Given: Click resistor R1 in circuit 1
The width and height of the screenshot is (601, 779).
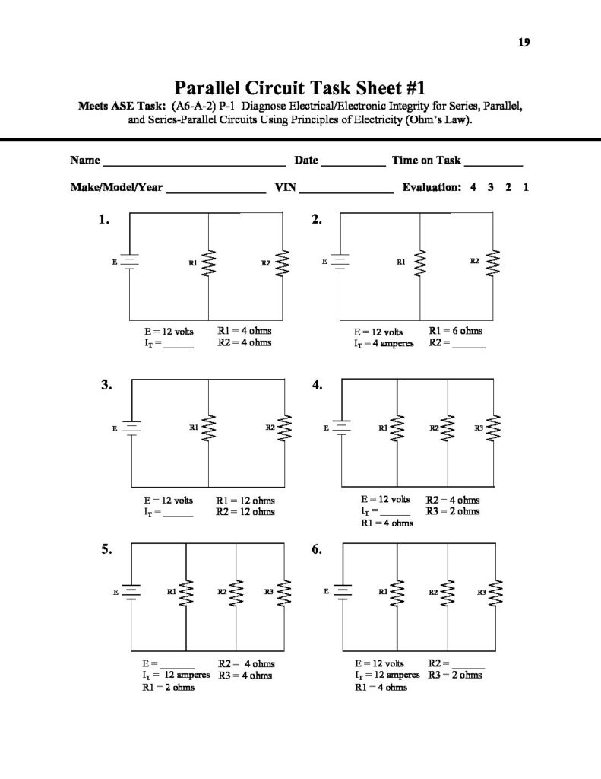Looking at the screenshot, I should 208,264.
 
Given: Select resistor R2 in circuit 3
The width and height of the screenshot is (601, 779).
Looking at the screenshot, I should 286,428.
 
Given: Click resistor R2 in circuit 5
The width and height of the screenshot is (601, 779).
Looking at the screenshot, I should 236,591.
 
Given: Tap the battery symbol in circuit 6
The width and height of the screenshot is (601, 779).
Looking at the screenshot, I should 341,590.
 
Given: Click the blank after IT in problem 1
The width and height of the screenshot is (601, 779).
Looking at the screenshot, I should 179,346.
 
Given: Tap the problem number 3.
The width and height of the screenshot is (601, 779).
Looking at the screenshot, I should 106,386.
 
